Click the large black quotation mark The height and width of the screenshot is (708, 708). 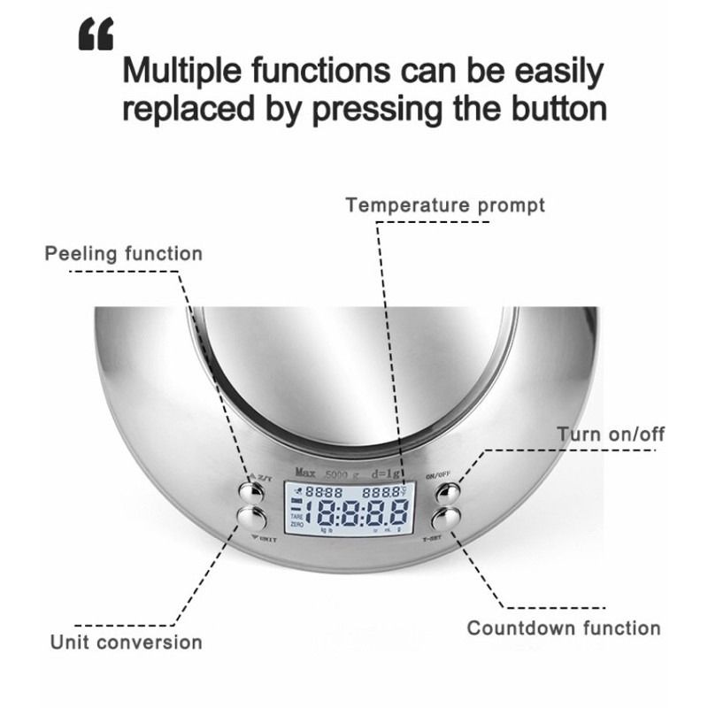[x=96, y=35]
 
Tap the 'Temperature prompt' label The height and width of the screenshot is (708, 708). [x=445, y=205]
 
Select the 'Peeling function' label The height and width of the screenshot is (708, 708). [x=124, y=254]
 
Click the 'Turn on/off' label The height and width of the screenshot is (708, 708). [x=611, y=434]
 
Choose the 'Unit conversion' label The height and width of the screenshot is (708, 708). [x=126, y=642]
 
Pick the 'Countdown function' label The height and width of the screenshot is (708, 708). [x=564, y=628]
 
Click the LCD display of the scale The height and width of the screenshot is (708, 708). [x=349, y=510]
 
